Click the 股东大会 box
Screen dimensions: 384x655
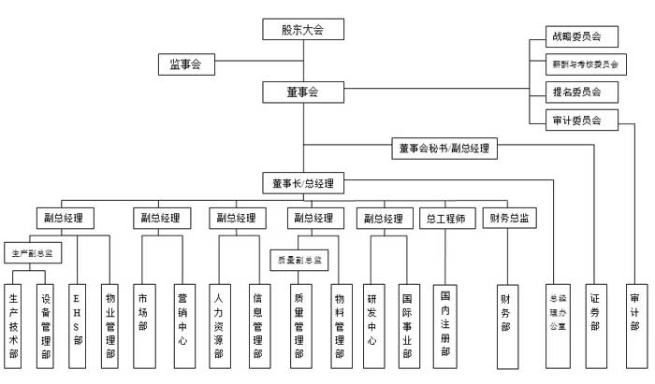point(303,30)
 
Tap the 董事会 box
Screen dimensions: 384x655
point(303,92)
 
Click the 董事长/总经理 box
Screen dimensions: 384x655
point(303,183)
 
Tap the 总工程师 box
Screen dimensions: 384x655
point(444,219)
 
